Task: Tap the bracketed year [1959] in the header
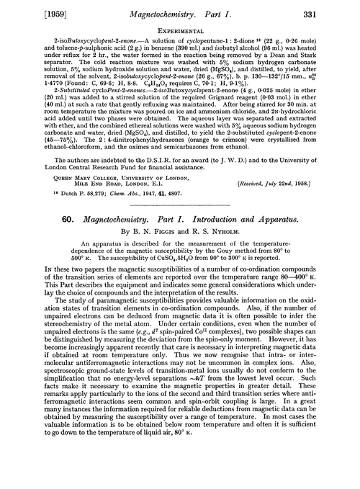(27, 9)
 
